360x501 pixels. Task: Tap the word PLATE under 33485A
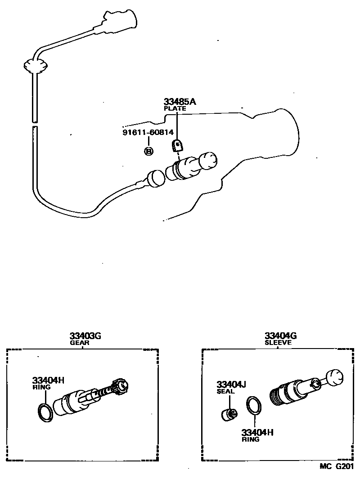click(175, 108)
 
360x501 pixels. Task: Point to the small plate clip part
click(178, 145)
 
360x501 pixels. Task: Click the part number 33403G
click(85, 336)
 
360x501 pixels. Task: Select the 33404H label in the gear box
click(48, 380)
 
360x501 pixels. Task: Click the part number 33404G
click(280, 336)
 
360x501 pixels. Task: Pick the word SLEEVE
click(278, 342)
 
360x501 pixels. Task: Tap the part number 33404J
click(231, 385)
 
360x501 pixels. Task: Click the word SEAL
click(225, 391)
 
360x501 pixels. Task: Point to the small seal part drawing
click(229, 413)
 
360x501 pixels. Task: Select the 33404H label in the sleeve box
click(257, 433)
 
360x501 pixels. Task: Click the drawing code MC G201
click(337, 466)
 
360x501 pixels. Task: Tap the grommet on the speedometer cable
click(35, 66)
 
